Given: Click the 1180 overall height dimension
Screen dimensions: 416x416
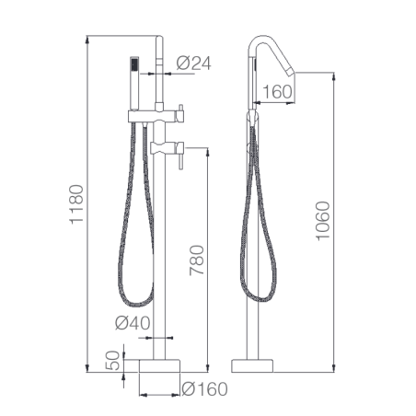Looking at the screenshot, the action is (76, 204).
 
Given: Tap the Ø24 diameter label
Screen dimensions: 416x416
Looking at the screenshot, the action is (193, 64).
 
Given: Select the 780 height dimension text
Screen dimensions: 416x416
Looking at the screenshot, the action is (197, 260).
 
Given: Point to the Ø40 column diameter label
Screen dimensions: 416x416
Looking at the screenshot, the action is (133, 323).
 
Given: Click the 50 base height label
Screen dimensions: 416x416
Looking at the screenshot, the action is (112, 361).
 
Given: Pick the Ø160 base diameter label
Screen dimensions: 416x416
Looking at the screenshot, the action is (204, 389).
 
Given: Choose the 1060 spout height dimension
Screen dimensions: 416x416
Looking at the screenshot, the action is (323, 221).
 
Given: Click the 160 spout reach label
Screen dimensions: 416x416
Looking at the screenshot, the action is (277, 92).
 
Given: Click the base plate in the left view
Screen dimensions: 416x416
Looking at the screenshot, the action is (159, 365).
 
